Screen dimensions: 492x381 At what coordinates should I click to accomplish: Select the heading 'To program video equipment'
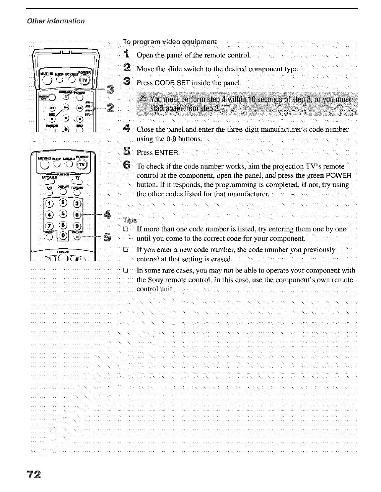click(x=169, y=42)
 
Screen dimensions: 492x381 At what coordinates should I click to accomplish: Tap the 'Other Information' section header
click(x=55, y=21)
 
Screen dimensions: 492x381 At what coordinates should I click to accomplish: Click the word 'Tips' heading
click(x=129, y=220)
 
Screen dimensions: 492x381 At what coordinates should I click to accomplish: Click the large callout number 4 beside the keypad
click(x=107, y=213)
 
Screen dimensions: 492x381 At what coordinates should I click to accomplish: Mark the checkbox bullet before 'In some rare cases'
click(x=124, y=270)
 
